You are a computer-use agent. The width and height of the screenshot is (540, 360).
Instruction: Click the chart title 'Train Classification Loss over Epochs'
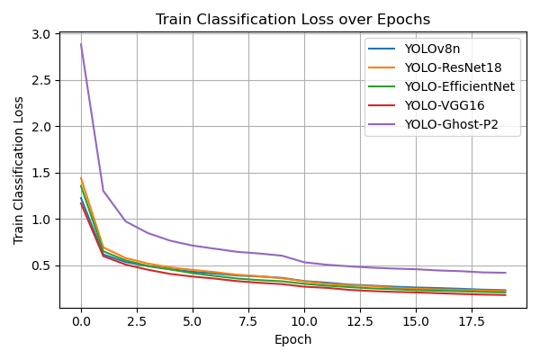click(292, 19)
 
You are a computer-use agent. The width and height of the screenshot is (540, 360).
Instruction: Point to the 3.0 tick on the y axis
click(42, 34)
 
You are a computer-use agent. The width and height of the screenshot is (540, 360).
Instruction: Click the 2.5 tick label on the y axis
click(42, 80)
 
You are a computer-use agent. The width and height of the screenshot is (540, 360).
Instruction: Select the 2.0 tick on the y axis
click(42, 127)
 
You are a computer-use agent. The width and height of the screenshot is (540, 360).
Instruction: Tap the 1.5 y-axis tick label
click(42, 173)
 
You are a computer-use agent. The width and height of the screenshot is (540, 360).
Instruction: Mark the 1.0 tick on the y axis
click(42, 219)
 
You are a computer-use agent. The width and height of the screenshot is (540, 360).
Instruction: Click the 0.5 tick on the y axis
click(42, 265)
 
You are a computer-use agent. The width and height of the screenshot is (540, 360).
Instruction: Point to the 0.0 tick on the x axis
click(81, 321)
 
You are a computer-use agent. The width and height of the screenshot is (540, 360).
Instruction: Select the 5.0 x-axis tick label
click(193, 321)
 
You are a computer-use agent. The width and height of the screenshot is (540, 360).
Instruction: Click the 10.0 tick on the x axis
click(304, 321)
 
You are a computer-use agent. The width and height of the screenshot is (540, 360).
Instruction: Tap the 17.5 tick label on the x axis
click(472, 321)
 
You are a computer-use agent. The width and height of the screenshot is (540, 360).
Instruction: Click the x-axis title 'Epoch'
click(292, 340)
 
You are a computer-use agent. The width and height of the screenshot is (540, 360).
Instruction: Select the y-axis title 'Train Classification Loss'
click(19, 170)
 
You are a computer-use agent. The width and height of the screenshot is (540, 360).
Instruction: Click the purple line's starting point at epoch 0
click(81, 44)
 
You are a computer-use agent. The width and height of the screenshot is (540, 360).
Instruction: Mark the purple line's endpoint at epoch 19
click(505, 273)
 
